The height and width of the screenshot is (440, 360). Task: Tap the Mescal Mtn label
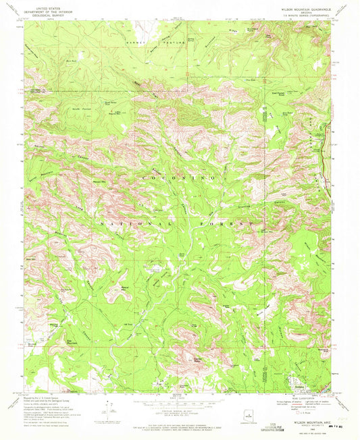pos(125,287)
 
